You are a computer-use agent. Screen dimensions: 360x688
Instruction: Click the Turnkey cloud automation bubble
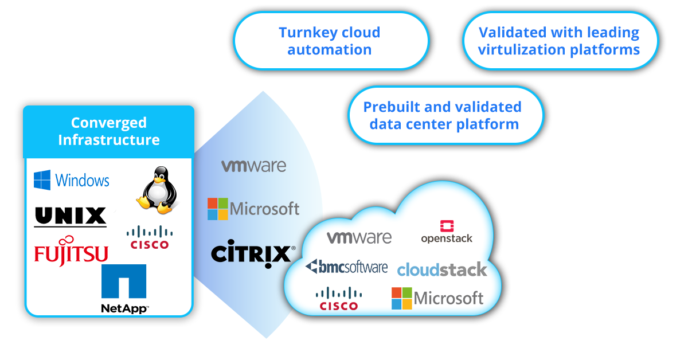[x=330, y=41]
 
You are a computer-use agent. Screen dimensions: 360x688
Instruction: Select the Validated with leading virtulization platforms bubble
[x=559, y=41]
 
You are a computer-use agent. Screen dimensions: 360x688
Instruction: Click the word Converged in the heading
[x=109, y=123]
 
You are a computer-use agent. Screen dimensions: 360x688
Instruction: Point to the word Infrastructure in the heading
[x=109, y=140]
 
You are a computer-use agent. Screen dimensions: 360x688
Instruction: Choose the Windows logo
[x=72, y=180]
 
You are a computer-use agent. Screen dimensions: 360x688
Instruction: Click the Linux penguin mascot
[x=154, y=190]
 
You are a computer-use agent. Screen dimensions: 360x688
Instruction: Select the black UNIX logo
[x=71, y=217]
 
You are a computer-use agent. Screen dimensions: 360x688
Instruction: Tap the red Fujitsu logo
[x=71, y=251]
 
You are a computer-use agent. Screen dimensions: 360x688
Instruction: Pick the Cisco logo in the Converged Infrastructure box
[x=149, y=237]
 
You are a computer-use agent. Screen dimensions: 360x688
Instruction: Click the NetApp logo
[x=124, y=289]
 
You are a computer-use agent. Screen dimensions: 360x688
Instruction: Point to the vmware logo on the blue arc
[x=254, y=166]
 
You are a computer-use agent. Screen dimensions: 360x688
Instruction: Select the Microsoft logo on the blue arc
[x=253, y=209]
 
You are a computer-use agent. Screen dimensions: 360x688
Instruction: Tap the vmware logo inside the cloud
[x=359, y=237]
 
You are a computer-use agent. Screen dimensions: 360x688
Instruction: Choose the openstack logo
[x=447, y=232]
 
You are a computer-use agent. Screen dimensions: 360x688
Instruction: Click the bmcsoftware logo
[x=347, y=267]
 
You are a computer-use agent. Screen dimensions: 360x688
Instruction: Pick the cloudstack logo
[x=442, y=269]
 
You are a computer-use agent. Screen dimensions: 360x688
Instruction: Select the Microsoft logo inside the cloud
[x=437, y=298]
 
